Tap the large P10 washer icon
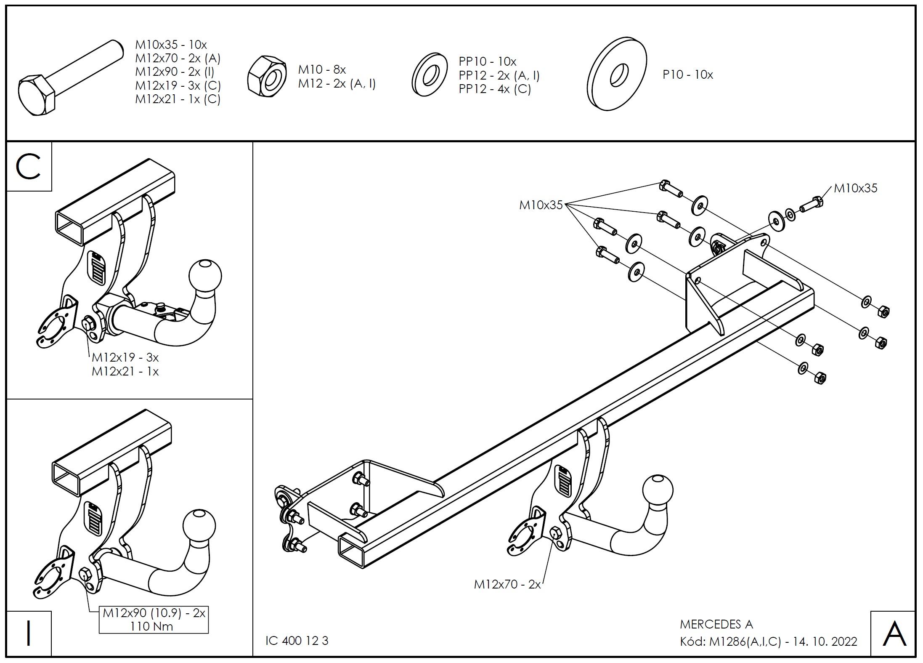pos(617,74)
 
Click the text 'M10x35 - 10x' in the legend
pos(171,45)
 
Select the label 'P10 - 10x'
pos(688,75)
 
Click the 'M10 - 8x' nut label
pos(322,69)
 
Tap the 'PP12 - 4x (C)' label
pos(495,89)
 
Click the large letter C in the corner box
pos(29,167)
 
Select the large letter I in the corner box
pos(29,633)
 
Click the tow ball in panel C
pos(205,275)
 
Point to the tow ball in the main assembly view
pos(658,490)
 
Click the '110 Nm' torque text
pos(151,626)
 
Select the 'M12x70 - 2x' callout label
pos(507,584)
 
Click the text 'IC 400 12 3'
pos(297,641)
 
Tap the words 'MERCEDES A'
pos(716,624)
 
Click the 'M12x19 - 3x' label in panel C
pos(125,357)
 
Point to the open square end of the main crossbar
pos(350,552)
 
